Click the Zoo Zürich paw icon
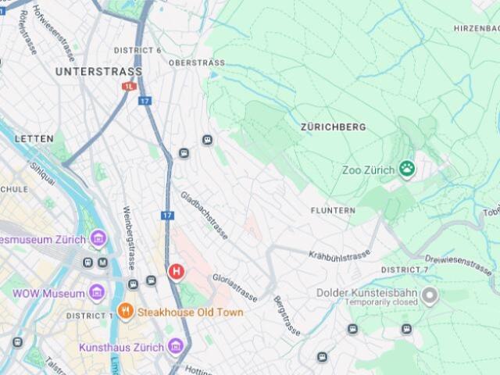[x=406, y=168]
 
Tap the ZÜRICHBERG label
[x=333, y=127]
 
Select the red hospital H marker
[x=177, y=272]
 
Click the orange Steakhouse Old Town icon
[x=126, y=312]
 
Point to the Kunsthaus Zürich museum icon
[x=175, y=346]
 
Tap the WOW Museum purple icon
[x=97, y=294]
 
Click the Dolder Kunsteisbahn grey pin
[x=429, y=297]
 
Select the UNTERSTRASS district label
[x=98, y=71]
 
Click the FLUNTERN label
[x=333, y=211]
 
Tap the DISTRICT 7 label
[x=404, y=270]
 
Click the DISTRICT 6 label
[x=137, y=50]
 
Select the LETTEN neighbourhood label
[x=34, y=138]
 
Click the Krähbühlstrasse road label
[x=339, y=255]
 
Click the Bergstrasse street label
[x=286, y=316]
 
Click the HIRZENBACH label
[x=476, y=28]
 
